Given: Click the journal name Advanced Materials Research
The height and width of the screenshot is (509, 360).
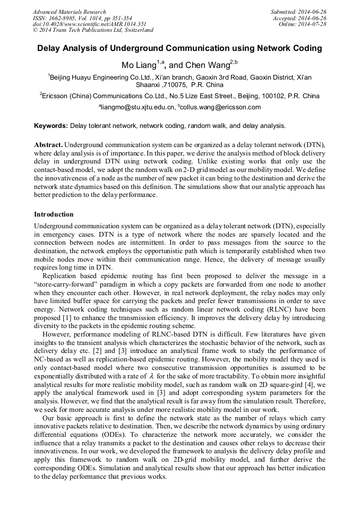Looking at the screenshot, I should click(x=69, y=12).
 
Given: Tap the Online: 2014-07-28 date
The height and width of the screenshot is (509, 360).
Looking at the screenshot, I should click(x=301, y=24).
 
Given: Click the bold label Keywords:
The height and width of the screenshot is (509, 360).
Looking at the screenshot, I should click(x=51, y=126).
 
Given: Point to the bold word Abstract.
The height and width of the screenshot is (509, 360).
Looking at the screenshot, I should click(x=48, y=145).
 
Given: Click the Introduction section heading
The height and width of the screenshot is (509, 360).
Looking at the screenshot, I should click(x=54, y=214).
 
